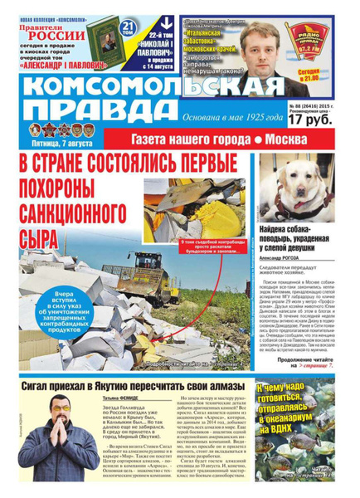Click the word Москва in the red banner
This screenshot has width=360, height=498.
click(x=313, y=138)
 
